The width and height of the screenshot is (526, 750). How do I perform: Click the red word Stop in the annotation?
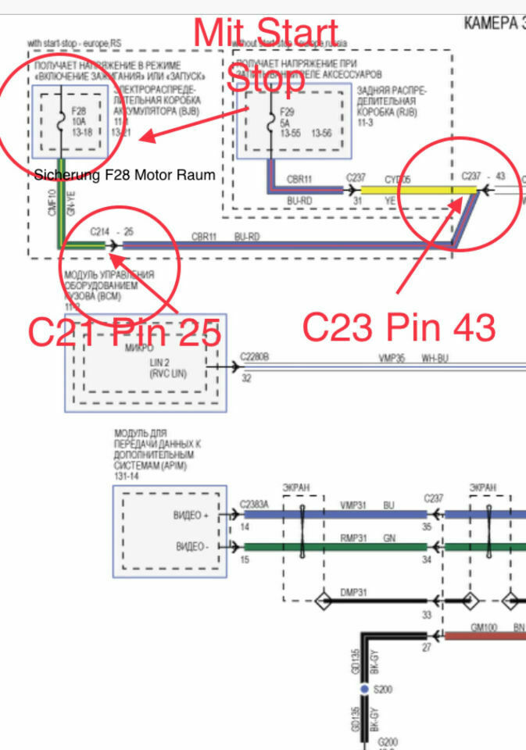[x=266, y=79]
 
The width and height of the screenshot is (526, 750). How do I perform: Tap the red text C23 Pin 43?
[x=399, y=328]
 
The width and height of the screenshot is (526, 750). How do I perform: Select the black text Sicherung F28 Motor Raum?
[x=125, y=175]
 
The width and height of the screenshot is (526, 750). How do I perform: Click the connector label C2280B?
[x=256, y=356]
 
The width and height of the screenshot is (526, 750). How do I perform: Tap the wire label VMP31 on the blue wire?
[x=352, y=505]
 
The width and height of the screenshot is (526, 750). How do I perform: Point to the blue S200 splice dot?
[x=364, y=690]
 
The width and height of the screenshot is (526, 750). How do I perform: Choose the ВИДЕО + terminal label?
[x=191, y=515]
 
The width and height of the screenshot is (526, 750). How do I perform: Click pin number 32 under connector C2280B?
[x=246, y=379]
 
